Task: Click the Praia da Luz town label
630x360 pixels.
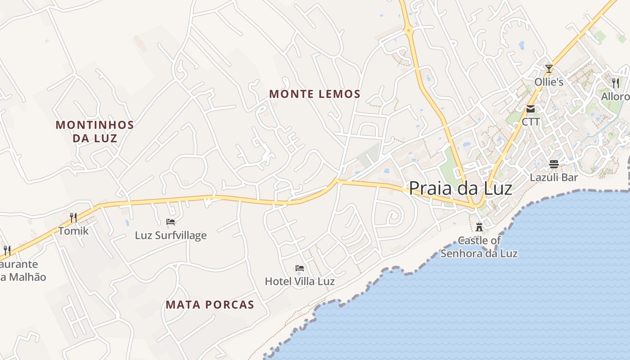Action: pos(460,188)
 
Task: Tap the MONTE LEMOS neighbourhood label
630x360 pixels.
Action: pos(315,94)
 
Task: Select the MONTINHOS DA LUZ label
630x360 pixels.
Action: pos(95,131)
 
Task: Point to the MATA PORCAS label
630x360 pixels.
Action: pos(210,305)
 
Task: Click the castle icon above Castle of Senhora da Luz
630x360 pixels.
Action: pos(479,227)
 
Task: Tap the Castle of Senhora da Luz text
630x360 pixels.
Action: pos(479,247)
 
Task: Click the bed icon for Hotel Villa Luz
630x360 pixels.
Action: pos(300,269)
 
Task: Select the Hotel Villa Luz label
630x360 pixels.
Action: pos(300,282)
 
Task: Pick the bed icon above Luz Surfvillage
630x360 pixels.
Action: pos(171,221)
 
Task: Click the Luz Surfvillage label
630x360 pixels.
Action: pos(171,235)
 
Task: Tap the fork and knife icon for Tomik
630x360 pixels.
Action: pos(73,218)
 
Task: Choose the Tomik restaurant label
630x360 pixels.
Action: pos(73,231)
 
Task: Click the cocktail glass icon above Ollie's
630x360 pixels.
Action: pos(549,69)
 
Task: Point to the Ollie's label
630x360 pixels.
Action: pos(549,82)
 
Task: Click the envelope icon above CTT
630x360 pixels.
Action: pos(531,109)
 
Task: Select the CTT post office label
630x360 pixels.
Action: pos(531,122)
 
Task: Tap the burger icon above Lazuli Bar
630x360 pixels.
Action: pos(554,164)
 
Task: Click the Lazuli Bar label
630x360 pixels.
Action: pos(554,177)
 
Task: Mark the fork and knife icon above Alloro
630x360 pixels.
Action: pos(616,83)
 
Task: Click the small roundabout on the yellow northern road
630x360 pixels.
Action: pos(409,31)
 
